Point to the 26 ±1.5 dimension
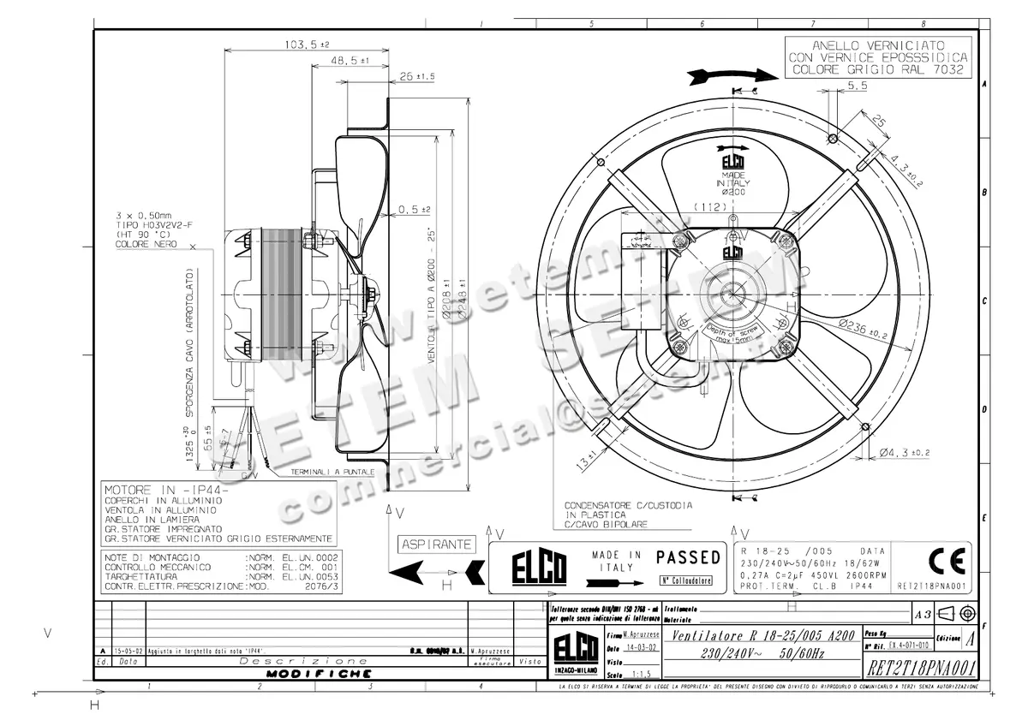(x=417, y=76)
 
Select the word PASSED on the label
(x=688, y=557)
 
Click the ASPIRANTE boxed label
(x=437, y=544)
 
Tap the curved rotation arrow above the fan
(x=730, y=75)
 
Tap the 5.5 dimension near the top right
(x=858, y=86)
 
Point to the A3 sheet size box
(x=922, y=613)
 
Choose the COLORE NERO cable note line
(x=146, y=244)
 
